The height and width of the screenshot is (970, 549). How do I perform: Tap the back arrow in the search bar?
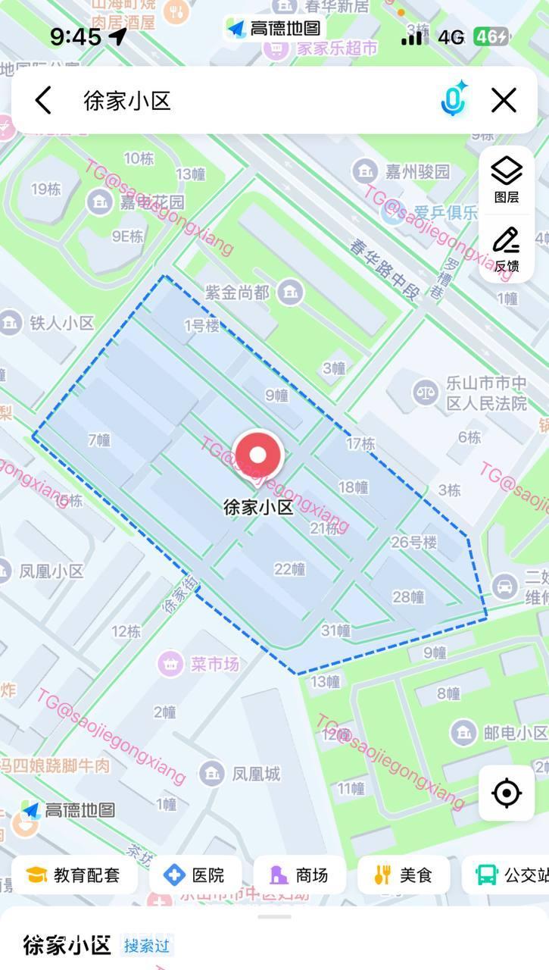43,100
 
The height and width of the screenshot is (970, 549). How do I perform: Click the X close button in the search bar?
504,100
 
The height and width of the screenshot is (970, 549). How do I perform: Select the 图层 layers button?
507,180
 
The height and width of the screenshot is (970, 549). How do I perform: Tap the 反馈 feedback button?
507,249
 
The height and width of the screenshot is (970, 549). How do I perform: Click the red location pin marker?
258,456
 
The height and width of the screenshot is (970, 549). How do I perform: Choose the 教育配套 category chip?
73,875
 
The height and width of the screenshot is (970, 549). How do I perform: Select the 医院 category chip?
195,875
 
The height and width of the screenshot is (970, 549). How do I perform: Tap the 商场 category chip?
299,875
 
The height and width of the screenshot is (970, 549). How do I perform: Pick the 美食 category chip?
403,875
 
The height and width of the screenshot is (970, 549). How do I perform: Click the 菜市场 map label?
214,664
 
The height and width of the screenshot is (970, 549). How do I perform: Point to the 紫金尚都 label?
238,293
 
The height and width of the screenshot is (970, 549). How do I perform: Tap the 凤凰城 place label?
256,774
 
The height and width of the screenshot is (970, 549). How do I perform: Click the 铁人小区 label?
62,323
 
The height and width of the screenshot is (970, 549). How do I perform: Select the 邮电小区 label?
515,733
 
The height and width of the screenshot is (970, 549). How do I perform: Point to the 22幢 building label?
289,569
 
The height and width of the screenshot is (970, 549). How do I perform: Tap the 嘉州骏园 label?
417,171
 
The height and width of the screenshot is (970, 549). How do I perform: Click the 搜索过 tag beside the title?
148,946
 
